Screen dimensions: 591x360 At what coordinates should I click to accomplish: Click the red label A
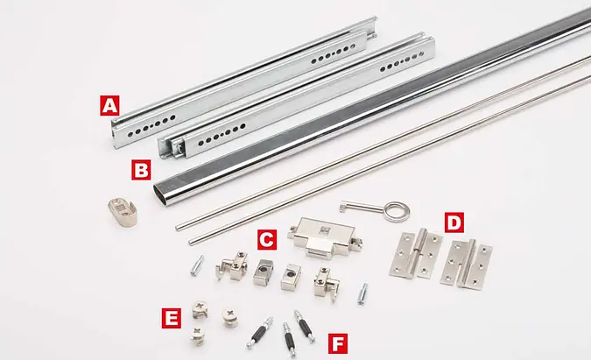[109, 106]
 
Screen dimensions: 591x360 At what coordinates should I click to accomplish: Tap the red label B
[141, 170]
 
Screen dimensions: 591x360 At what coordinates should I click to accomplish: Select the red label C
[267, 240]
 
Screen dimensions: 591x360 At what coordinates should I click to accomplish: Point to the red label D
[454, 222]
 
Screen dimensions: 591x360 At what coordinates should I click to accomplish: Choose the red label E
[171, 319]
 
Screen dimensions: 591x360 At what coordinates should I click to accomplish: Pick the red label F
[338, 343]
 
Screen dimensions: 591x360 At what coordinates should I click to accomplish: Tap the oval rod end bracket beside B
[122, 213]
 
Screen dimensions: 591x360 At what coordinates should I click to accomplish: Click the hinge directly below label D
[416, 254]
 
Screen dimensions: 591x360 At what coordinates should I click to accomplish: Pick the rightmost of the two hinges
[467, 265]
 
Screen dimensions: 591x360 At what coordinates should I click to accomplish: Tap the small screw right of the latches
[362, 294]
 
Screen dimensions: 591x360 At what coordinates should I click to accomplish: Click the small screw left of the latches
[197, 265]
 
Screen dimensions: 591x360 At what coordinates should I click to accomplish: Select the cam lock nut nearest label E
[200, 309]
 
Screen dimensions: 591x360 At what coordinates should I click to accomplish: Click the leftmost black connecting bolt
[260, 333]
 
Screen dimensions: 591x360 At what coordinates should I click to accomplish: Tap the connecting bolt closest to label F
[305, 327]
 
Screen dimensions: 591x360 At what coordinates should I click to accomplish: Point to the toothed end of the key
[344, 207]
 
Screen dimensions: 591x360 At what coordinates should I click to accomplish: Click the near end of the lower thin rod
[192, 242]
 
